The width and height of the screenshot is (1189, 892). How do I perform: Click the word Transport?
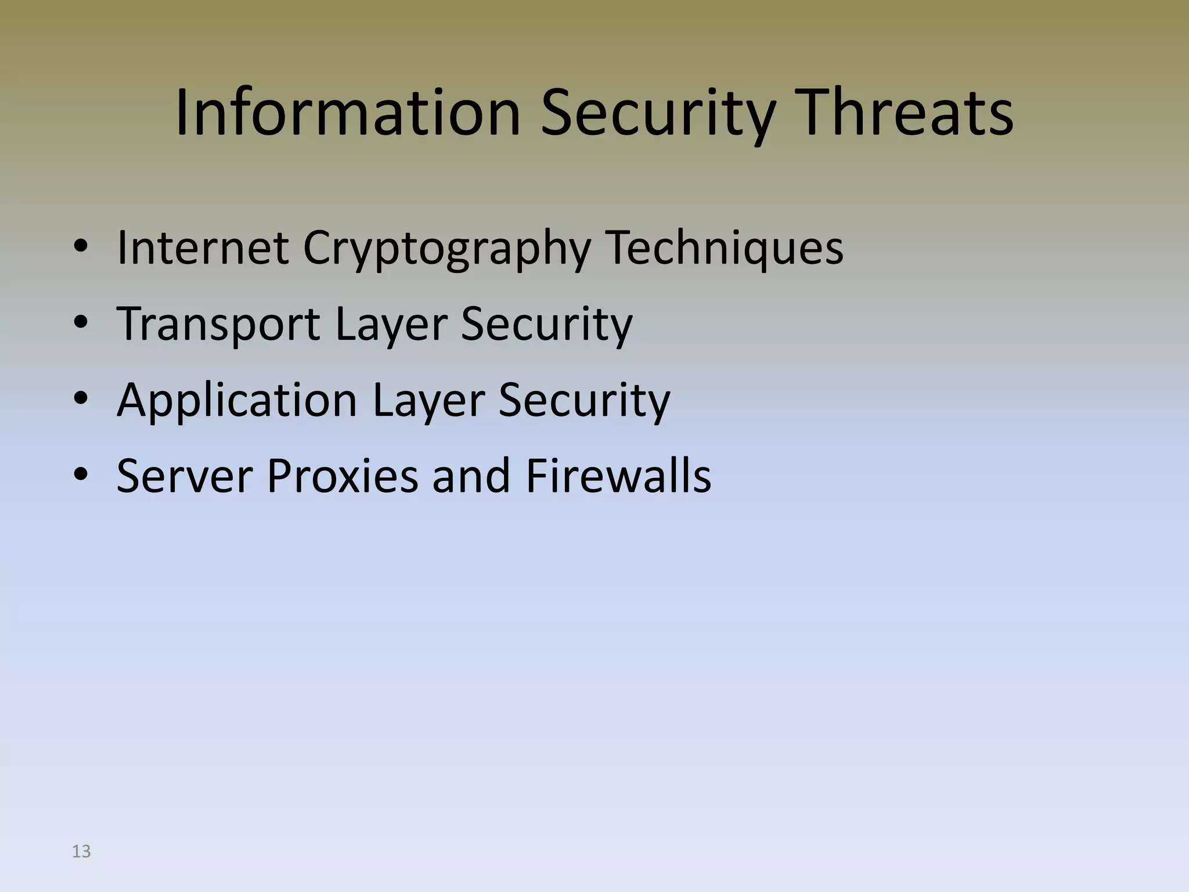[x=218, y=324]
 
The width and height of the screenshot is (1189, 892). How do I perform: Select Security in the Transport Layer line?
[x=546, y=325]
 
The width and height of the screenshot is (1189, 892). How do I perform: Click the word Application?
[x=237, y=401]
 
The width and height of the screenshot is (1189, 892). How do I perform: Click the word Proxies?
[x=342, y=476]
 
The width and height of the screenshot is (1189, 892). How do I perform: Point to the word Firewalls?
[x=618, y=476]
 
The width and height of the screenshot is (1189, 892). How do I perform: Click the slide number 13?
[x=81, y=851]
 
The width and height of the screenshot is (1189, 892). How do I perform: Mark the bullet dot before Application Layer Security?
[x=81, y=400]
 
